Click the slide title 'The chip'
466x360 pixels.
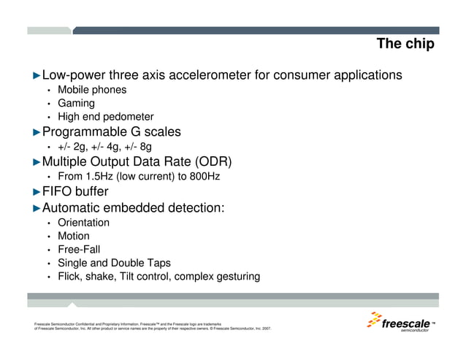pyautogui.click(x=405, y=45)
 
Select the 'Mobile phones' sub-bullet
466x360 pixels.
pyautogui.click(x=92, y=90)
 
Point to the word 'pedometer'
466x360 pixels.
pyautogui.click(x=129, y=117)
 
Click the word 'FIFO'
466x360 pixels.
pyautogui.click(x=58, y=192)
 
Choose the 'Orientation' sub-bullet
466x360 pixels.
pyautogui.click(x=84, y=222)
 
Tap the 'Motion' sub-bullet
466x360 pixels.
pyautogui.click(x=74, y=236)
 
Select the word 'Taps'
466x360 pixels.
pyautogui.click(x=157, y=263)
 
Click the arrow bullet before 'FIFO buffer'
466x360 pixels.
pyautogui.click(x=37, y=192)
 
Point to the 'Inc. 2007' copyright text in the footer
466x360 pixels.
pyautogui.click(x=259, y=329)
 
